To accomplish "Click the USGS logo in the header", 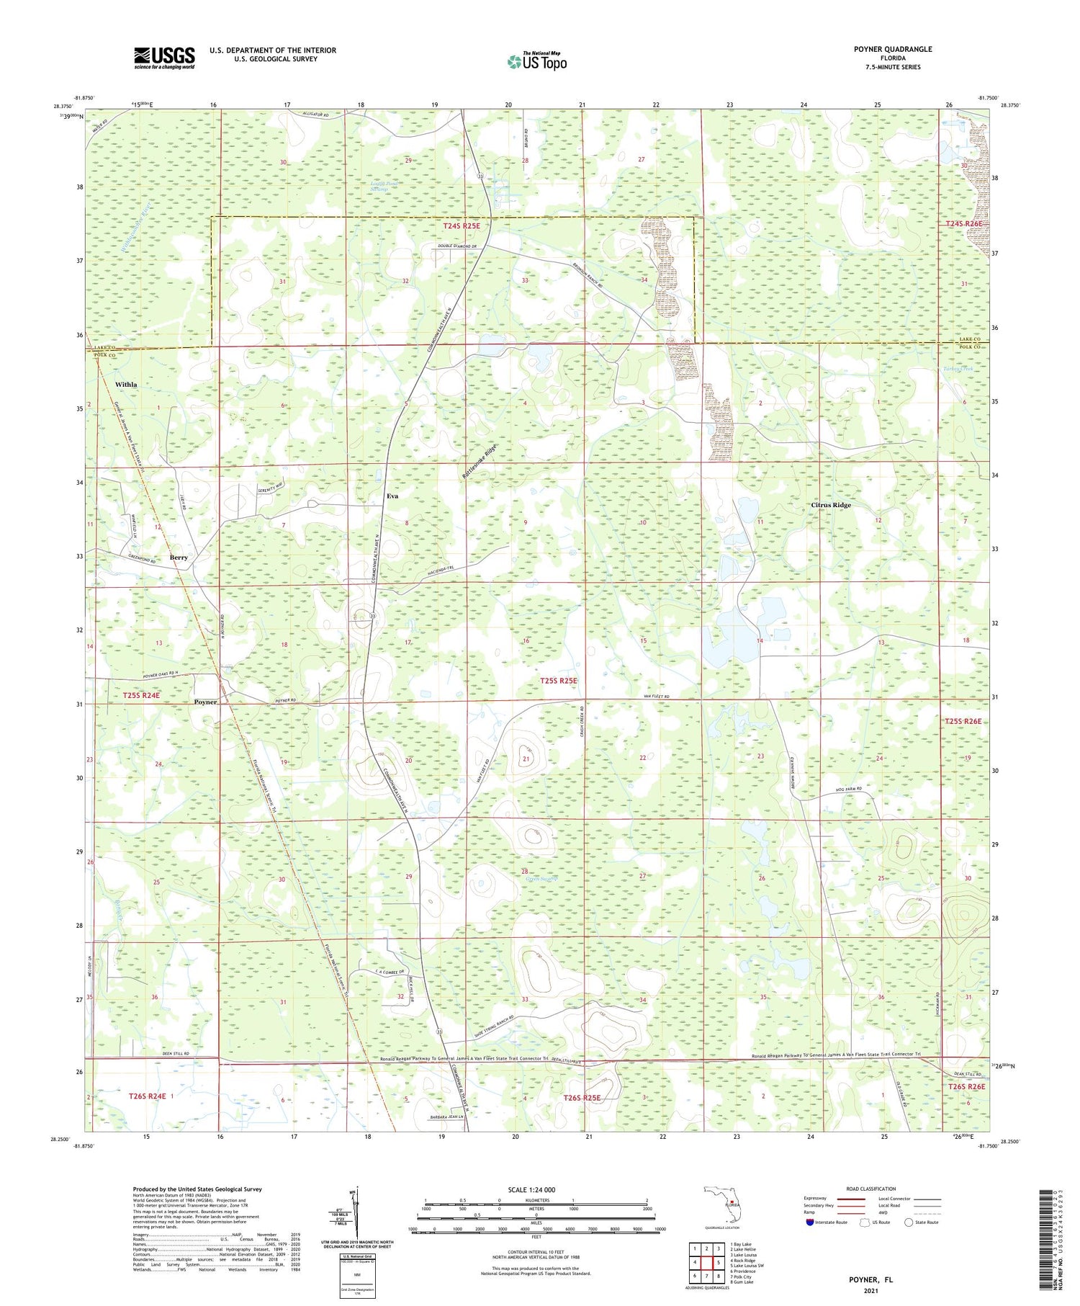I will pos(164,58).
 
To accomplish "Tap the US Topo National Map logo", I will pos(537,61).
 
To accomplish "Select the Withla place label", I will pos(126,385).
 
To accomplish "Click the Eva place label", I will pos(392,496).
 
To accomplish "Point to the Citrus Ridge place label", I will pos(831,505).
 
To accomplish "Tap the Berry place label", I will pos(179,558).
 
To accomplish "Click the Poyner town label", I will pos(205,702).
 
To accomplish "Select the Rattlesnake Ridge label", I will pos(480,462).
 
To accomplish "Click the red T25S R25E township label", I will pos(559,680).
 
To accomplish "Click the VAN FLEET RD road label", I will pos(656,697).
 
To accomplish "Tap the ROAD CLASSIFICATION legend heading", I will pos(871,1189).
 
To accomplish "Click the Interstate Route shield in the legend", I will pos(809,1222).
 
